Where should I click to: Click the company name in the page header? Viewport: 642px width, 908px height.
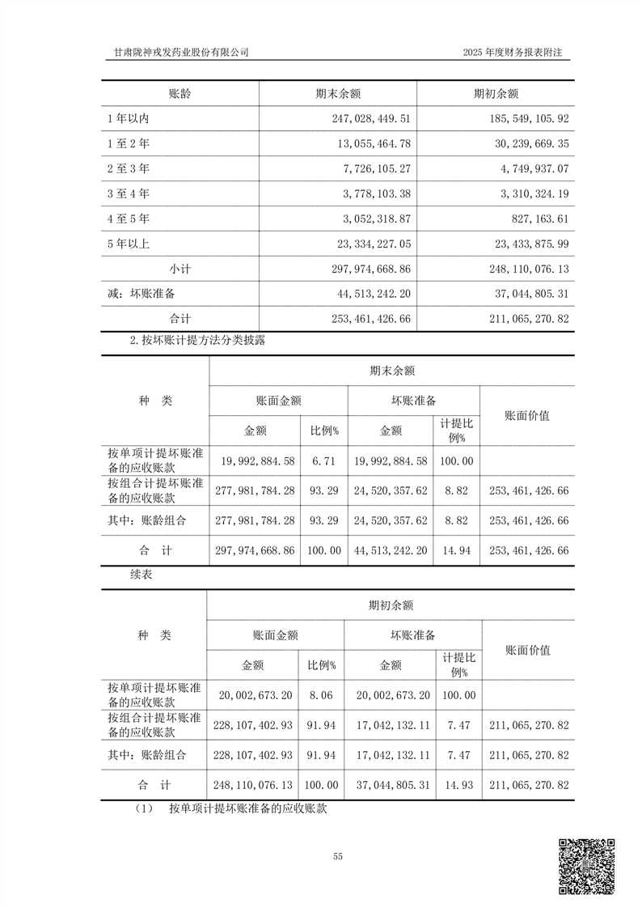[x=181, y=52]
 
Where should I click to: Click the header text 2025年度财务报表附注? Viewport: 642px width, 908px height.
[x=512, y=52]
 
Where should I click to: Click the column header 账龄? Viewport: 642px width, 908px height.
[x=180, y=93]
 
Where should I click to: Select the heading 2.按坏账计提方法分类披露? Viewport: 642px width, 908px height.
[x=198, y=341]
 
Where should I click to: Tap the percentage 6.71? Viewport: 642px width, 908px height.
[x=322, y=461]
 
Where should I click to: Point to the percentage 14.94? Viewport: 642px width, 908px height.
[x=455, y=550]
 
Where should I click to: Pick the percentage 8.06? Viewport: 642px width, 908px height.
[x=321, y=695]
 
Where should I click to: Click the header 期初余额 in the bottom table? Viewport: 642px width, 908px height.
[x=391, y=605]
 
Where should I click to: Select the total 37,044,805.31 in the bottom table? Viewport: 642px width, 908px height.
[x=391, y=785]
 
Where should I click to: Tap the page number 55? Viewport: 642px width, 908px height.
[x=337, y=856]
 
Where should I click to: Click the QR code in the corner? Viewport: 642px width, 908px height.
[x=588, y=867]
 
